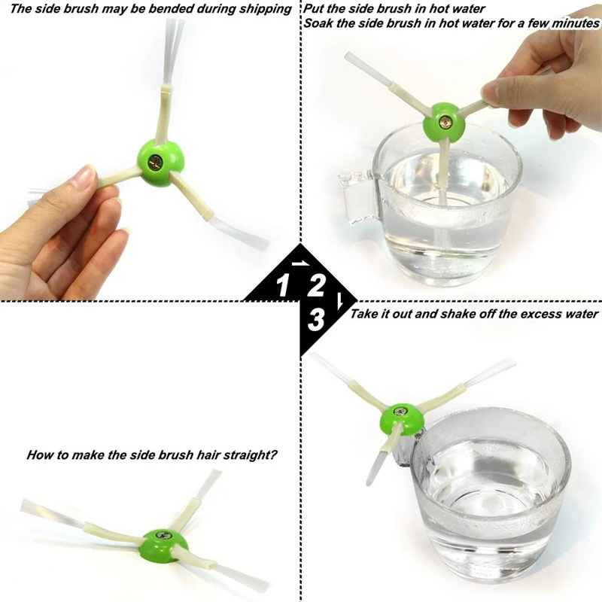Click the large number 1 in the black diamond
[x=283, y=285]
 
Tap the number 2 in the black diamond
[x=315, y=285]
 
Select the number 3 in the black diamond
[x=316, y=320]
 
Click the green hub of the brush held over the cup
[x=442, y=122]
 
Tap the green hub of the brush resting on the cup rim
[x=402, y=419]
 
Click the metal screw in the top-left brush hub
[x=157, y=163]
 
